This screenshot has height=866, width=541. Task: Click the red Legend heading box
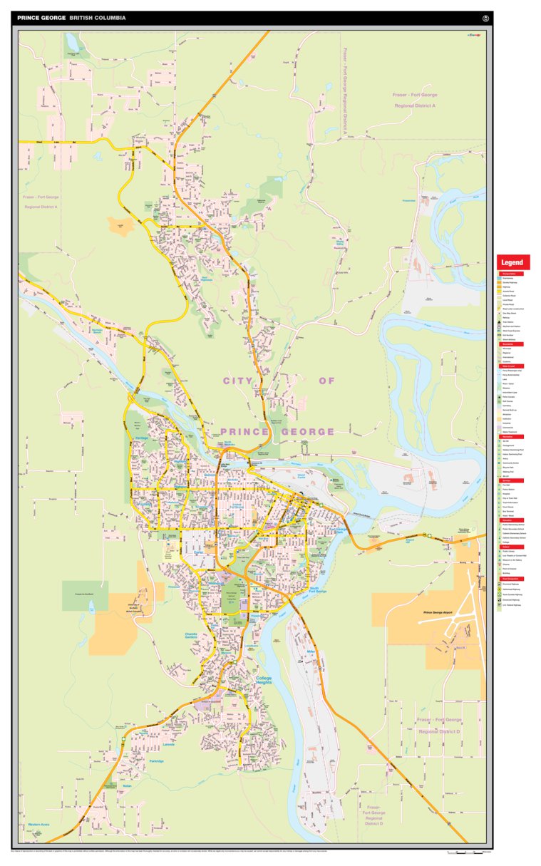click(x=512, y=262)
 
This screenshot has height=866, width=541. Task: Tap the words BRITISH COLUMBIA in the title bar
click(x=98, y=17)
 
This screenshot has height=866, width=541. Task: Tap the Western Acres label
click(x=38, y=825)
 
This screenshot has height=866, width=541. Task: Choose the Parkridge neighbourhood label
click(x=156, y=761)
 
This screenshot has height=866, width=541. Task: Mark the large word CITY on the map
click(x=238, y=381)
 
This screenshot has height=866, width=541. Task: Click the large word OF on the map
click(x=326, y=381)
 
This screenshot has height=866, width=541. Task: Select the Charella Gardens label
click(x=191, y=636)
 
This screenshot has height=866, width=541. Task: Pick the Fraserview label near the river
click(x=408, y=200)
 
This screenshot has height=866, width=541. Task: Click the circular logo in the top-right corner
click(x=486, y=17)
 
